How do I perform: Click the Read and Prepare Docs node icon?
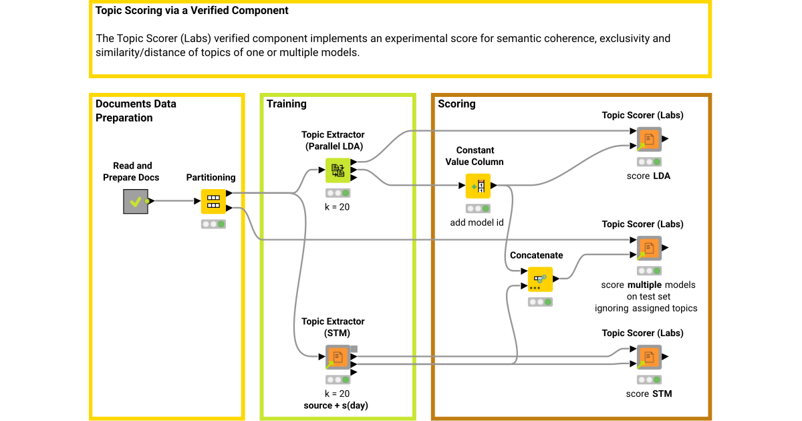click(136, 201)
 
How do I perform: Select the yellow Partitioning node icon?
click(214, 201)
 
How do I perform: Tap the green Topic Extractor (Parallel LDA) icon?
click(338, 170)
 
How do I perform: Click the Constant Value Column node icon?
click(478, 186)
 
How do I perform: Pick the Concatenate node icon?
click(540, 279)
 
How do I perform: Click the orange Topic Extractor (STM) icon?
click(338, 357)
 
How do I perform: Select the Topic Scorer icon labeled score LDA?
click(648, 140)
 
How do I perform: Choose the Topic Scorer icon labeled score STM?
click(648, 357)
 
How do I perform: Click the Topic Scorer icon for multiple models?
click(648, 248)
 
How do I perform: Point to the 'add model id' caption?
click(477, 223)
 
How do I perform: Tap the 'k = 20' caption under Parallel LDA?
click(337, 207)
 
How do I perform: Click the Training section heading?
click(286, 104)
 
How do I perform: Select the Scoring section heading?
click(456, 104)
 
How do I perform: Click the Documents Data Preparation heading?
click(136, 111)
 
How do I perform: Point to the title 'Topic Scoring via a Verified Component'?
click(192, 11)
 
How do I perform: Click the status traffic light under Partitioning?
click(213, 224)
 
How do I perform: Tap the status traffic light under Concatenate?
click(540, 302)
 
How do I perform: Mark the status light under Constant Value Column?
click(478, 208)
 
